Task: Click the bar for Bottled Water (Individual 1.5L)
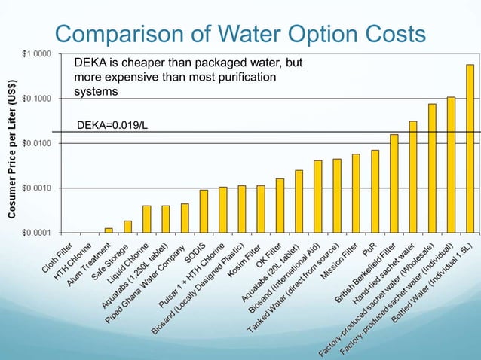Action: click(x=470, y=148)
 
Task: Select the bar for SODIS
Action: click(x=204, y=211)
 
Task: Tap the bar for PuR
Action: click(x=375, y=191)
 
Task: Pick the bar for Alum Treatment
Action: click(x=109, y=230)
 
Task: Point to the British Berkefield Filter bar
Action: click(x=394, y=183)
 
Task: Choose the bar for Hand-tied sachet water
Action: click(x=413, y=176)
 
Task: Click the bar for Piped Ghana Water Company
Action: click(x=185, y=218)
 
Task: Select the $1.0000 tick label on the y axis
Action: click(x=36, y=54)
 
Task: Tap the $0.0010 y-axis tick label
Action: click(x=36, y=188)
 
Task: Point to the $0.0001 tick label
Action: click(x=36, y=232)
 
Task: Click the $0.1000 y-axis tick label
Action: click(x=36, y=99)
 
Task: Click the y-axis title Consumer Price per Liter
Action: click(x=13, y=143)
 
